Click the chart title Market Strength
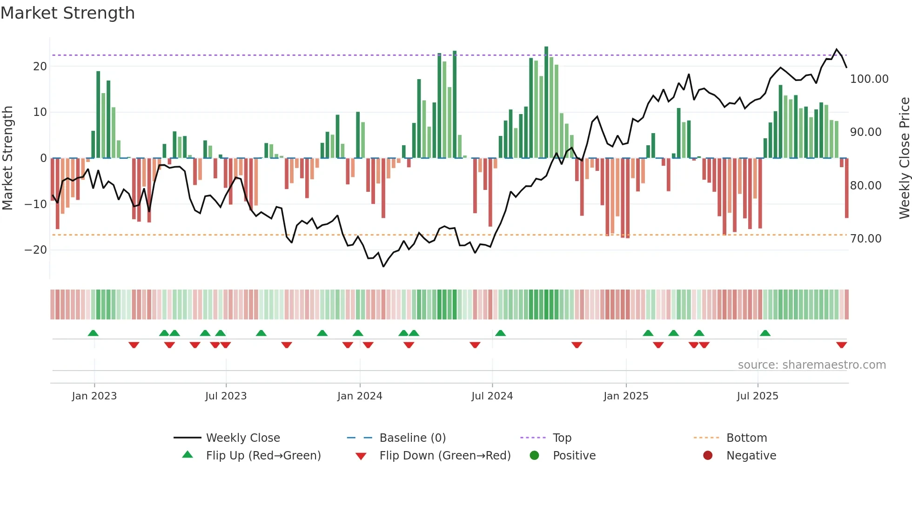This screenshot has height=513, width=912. point(67,13)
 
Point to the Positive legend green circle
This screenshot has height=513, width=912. point(534,456)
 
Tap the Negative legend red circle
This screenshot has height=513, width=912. point(708,456)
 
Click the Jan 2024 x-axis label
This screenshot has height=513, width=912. point(360,396)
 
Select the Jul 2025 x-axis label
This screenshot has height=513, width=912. point(758,396)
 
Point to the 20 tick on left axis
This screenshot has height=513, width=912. point(40,67)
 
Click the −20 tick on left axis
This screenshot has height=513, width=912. point(36,250)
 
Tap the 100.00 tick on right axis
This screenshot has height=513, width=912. point(869,79)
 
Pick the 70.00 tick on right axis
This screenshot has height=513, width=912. point(865,239)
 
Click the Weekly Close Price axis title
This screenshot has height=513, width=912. point(904,158)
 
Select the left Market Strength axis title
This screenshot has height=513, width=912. point(8,158)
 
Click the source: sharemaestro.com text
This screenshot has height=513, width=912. point(811,365)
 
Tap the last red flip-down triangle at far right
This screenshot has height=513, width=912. point(841,345)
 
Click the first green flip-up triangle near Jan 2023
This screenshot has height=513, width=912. point(93,333)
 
